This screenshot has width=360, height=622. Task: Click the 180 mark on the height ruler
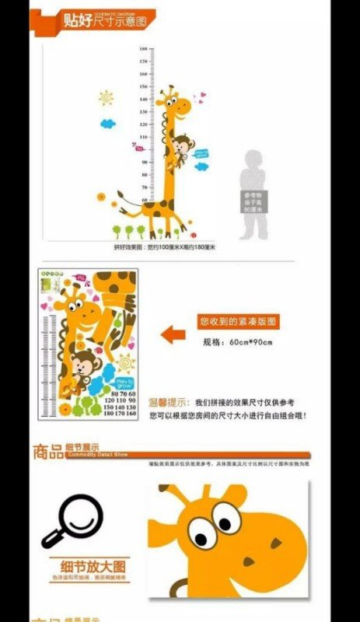click(144, 49)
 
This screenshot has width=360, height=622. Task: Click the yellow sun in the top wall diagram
click(107, 99)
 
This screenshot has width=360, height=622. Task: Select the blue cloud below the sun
click(108, 122)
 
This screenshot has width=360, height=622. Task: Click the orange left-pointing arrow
click(173, 334)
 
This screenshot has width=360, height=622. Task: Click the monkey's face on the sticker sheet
click(80, 362)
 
